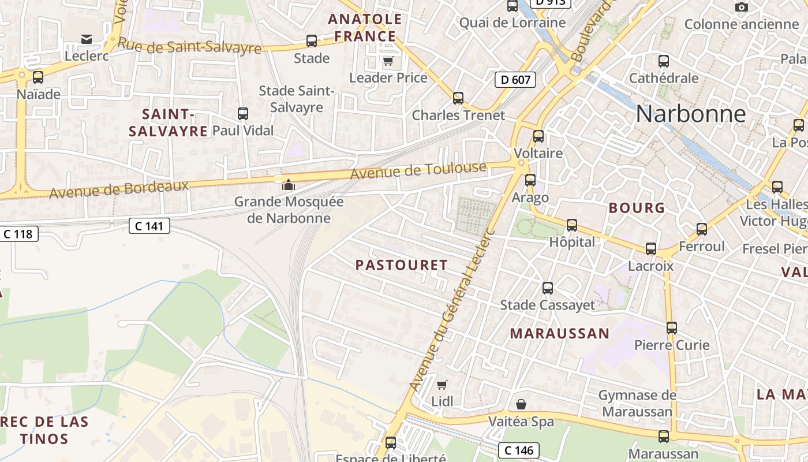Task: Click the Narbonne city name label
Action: pos(690,114)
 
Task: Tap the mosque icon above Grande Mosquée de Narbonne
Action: pos(287,185)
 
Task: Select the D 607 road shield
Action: pos(515,80)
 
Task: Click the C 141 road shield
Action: pos(149,226)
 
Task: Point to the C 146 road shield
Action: pos(518,450)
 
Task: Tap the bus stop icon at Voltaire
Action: pos(538,136)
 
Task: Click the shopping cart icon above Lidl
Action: pos(442,385)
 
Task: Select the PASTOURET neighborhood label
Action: pos(401,265)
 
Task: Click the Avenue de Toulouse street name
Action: pos(418,170)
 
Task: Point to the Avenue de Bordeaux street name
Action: pos(119,189)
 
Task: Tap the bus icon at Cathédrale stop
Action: pos(664,61)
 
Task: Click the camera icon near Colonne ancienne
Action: pos(741,8)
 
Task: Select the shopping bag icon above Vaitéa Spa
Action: pos(521,404)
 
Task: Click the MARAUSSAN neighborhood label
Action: pos(559,333)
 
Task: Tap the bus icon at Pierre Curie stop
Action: pos(671,328)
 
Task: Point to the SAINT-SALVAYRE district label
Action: pos(167,122)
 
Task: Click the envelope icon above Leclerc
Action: pos(87,39)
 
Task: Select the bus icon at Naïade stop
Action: pos(38,77)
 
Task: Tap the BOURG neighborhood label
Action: pos(637,208)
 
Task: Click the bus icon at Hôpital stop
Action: pos(571,225)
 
